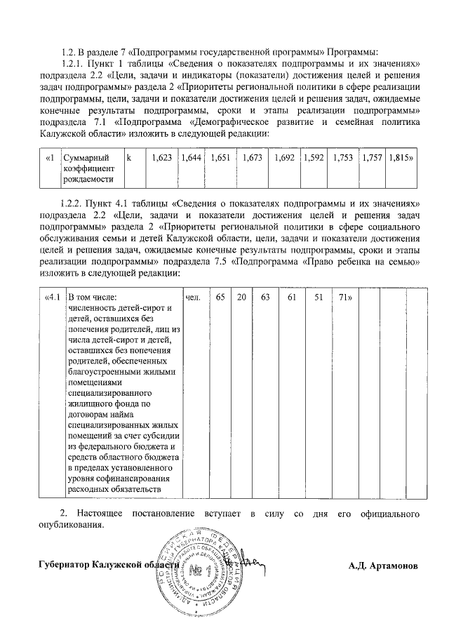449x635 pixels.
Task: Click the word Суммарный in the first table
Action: click(x=84, y=159)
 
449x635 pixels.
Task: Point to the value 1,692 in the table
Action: click(x=283, y=159)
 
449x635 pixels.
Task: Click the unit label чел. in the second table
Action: click(x=194, y=298)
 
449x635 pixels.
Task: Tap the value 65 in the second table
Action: click(x=221, y=298)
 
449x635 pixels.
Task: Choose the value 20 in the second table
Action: click(x=241, y=298)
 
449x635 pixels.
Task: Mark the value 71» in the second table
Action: click(x=345, y=298)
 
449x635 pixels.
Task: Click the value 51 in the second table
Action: click(x=319, y=298)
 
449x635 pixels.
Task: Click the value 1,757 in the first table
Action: click(x=373, y=159)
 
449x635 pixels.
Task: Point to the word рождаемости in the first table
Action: click(x=87, y=180)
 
